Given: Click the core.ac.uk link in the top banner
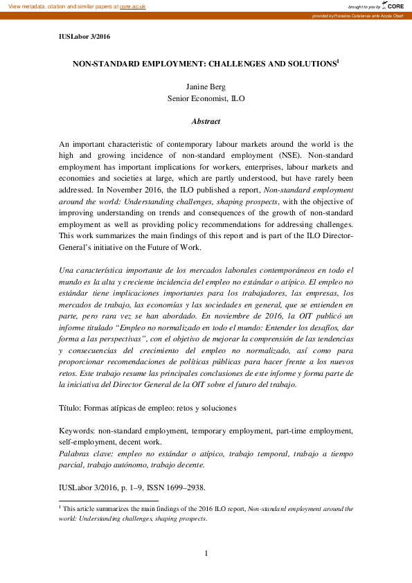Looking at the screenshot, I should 133,6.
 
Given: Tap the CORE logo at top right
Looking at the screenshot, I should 395,6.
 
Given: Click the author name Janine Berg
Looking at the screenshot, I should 206,87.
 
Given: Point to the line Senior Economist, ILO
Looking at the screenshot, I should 206,99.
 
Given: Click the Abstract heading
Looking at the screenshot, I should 206,121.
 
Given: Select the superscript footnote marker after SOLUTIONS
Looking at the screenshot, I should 337,61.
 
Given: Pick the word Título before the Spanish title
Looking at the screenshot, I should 71,408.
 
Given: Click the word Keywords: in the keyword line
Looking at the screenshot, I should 77,431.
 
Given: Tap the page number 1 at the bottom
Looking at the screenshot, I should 206,553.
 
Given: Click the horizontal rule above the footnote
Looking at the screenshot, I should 109,500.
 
